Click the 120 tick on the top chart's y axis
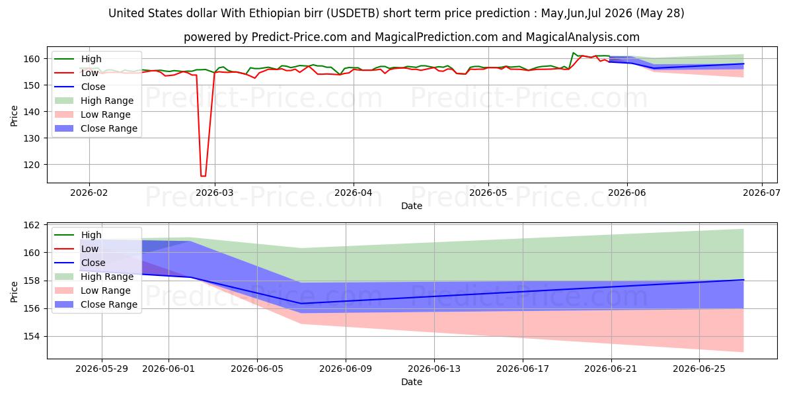31,165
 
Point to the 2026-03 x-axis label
215,193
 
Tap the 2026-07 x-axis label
761,193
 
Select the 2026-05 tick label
488,193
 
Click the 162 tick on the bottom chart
31,226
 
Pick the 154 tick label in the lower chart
31,336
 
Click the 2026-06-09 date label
346,369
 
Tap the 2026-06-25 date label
699,369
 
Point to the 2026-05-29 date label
102,369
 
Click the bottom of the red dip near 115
204,176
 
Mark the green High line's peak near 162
573,53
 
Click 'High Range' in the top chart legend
107,101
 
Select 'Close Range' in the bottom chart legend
109,304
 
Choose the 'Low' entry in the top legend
90,73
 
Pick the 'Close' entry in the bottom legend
93,263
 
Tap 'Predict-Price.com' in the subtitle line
299,37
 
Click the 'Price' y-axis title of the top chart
14,116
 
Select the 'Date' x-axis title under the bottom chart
411,382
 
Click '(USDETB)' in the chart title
353,13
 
